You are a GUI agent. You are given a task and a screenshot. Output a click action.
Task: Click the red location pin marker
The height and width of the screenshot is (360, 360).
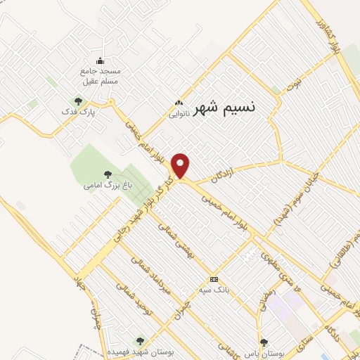click(x=181, y=166)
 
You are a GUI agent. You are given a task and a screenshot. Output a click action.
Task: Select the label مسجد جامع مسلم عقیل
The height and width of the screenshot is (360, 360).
click(x=100, y=77)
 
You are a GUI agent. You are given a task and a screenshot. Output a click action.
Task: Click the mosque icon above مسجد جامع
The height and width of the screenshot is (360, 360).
click(x=100, y=60)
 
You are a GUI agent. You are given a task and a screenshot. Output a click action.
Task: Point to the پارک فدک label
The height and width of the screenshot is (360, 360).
click(x=78, y=111)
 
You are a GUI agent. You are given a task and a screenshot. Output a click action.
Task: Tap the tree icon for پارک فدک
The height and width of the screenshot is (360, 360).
click(x=78, y=101)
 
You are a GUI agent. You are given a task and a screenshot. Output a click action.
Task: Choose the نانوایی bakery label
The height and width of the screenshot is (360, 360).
click(x=178, y=112)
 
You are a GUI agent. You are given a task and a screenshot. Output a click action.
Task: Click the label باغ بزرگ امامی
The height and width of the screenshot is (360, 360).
click(x=108, y=185)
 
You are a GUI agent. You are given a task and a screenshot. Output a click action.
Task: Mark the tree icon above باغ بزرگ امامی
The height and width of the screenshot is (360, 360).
click(x=108, y=174)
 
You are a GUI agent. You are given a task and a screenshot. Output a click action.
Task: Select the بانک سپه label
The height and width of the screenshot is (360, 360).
click(x=214, y=289)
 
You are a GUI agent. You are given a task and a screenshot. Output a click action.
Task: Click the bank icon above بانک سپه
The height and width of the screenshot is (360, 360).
click(x=214, y=279)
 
